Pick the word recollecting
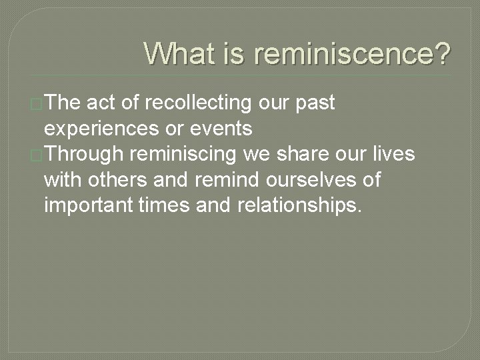(197, 104)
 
